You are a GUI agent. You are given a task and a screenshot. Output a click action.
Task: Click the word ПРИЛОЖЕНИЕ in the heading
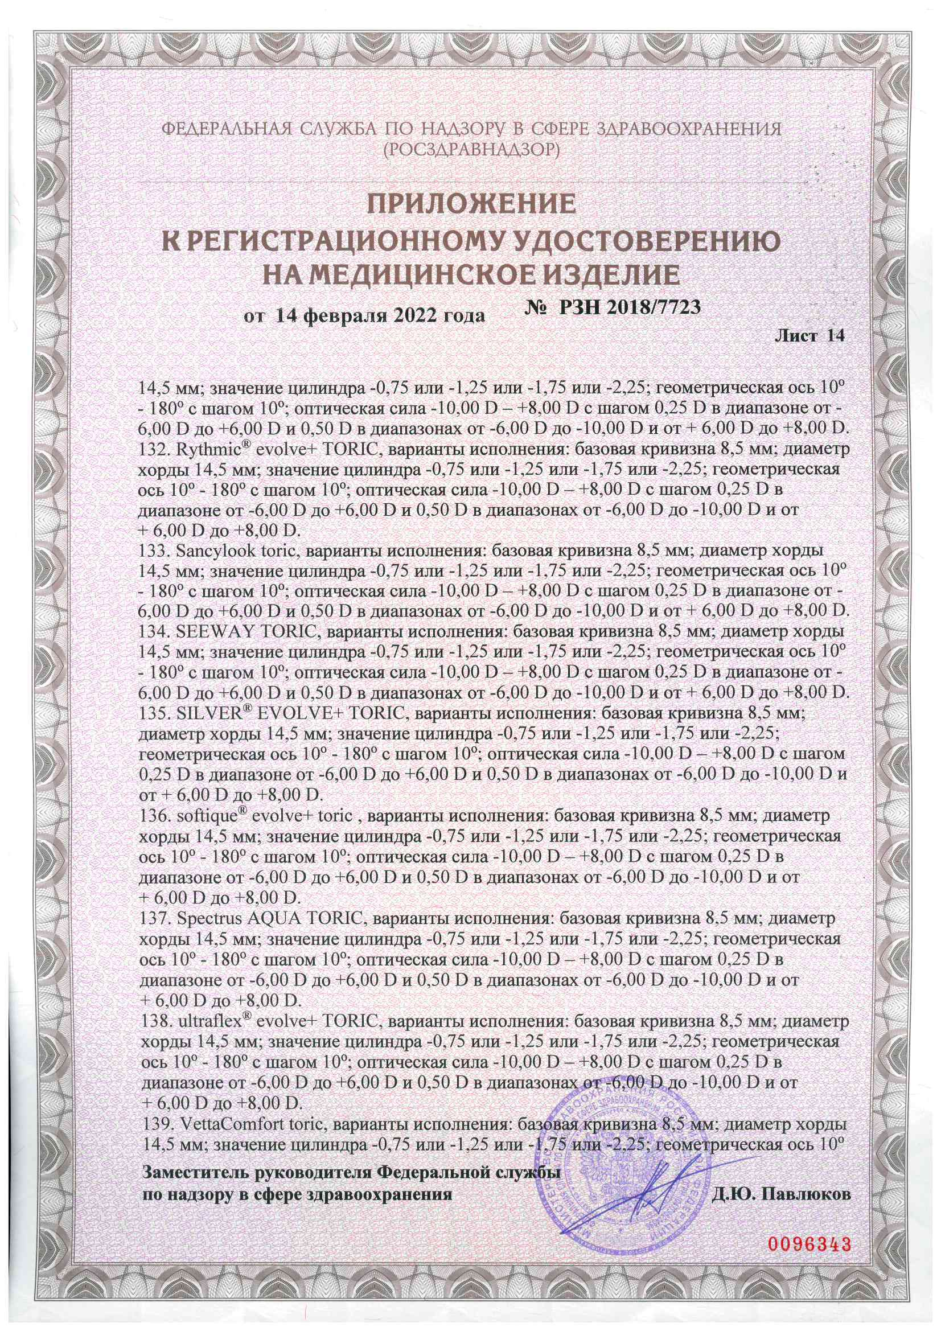click(x=470, y=204)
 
